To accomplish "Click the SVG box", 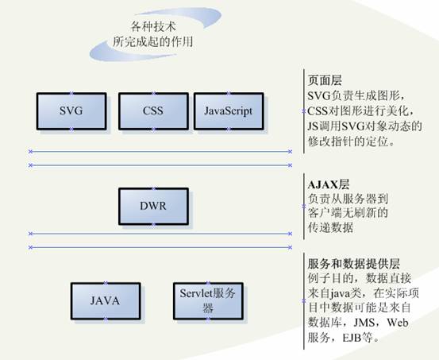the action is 71,111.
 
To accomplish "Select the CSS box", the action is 153,111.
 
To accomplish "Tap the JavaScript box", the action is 229,111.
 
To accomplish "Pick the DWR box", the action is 153,207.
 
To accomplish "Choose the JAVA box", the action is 106,301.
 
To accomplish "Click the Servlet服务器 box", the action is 208,301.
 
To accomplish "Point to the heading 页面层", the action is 325,81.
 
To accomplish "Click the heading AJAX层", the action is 329,184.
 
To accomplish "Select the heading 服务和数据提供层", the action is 354,264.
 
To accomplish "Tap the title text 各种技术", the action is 153,27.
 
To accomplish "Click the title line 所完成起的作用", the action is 153,42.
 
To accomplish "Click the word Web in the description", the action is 398,323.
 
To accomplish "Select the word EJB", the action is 352,338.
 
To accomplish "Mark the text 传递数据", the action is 330,227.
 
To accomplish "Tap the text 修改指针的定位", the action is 348,141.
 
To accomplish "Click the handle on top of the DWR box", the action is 153,188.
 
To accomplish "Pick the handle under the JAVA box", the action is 106,319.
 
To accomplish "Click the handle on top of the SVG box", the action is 71,93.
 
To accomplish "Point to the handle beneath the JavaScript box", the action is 229,130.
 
